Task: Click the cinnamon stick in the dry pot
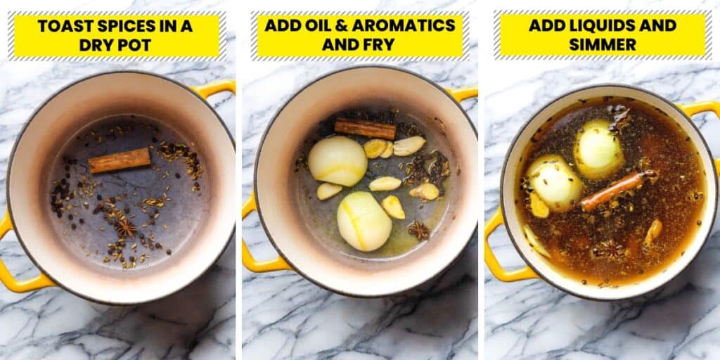pos(120,160)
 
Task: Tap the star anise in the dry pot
pos(125,226)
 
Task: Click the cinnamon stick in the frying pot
pos(365,129)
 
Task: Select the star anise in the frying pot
pos(419,230)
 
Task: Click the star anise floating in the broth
pos(609,250)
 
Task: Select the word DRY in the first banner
pos(94,45)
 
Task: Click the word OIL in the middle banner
pos(305,25)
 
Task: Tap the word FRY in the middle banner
pos(381,44)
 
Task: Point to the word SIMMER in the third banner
pos(603,44)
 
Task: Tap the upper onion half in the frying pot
pos(337,161)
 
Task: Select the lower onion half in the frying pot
pos(365,221)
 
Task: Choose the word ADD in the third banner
pos(546,25)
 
